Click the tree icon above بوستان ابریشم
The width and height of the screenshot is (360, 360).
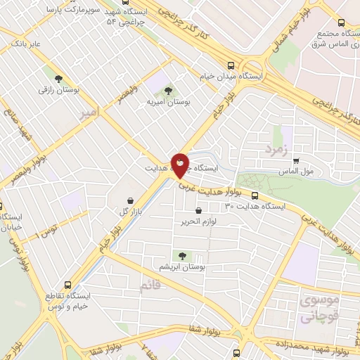(183, 256)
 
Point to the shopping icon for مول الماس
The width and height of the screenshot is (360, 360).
(295, 160)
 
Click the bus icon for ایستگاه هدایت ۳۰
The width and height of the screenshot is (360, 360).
(255, 196)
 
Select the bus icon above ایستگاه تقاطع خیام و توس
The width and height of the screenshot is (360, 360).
(67, 285)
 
